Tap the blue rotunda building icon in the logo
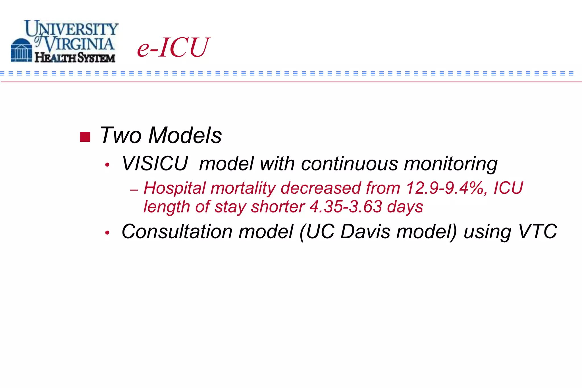(x=21, y=51)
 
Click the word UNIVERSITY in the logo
(x=72, y=28)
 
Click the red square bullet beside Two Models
(x=85, y=137)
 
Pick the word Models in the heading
(x=185, y=135)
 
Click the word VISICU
(x=155, y=164)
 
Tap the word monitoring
(x=451, y=164)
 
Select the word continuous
(x=350, y=164)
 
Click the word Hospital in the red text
(x=174, y=188)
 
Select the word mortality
(x=243, y=188)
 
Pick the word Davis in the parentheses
(x=365, y=231)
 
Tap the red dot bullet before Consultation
(x=107, y=233)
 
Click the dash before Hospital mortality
(x=134, y=190)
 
